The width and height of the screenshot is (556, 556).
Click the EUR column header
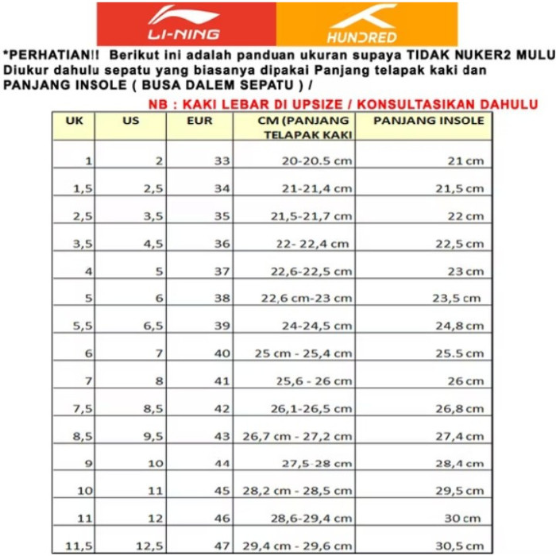(x=199, y=121)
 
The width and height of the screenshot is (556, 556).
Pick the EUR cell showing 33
(x=222, y=160)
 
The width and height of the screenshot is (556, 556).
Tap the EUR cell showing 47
(x=222, y=546)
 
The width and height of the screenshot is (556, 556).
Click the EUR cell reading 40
(x=222, y=353)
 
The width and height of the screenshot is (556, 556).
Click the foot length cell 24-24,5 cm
(x=316, y=326)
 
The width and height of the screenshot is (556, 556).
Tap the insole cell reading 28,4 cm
(x=460, y=463)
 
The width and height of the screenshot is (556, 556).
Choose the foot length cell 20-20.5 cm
(x=317, y=160)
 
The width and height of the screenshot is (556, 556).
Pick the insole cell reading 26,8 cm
(x=460, y=408)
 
